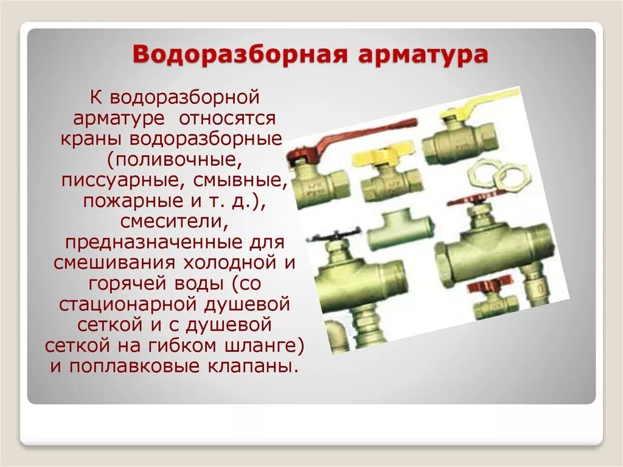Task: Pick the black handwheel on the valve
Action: [333, 234]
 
